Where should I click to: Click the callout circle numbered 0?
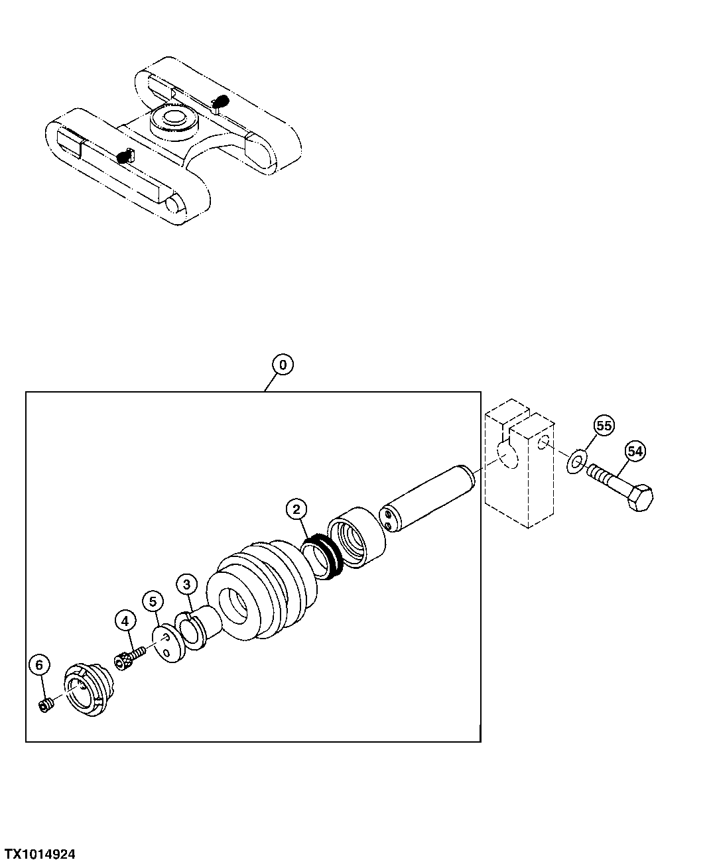[283, 365]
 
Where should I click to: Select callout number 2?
[296, 509]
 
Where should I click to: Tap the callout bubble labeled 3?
[186, 584]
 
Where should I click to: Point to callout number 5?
[153, 601]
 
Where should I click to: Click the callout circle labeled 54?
[635, 452]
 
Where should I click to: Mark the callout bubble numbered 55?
[604, 425]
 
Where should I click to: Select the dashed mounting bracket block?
[520, 464]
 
